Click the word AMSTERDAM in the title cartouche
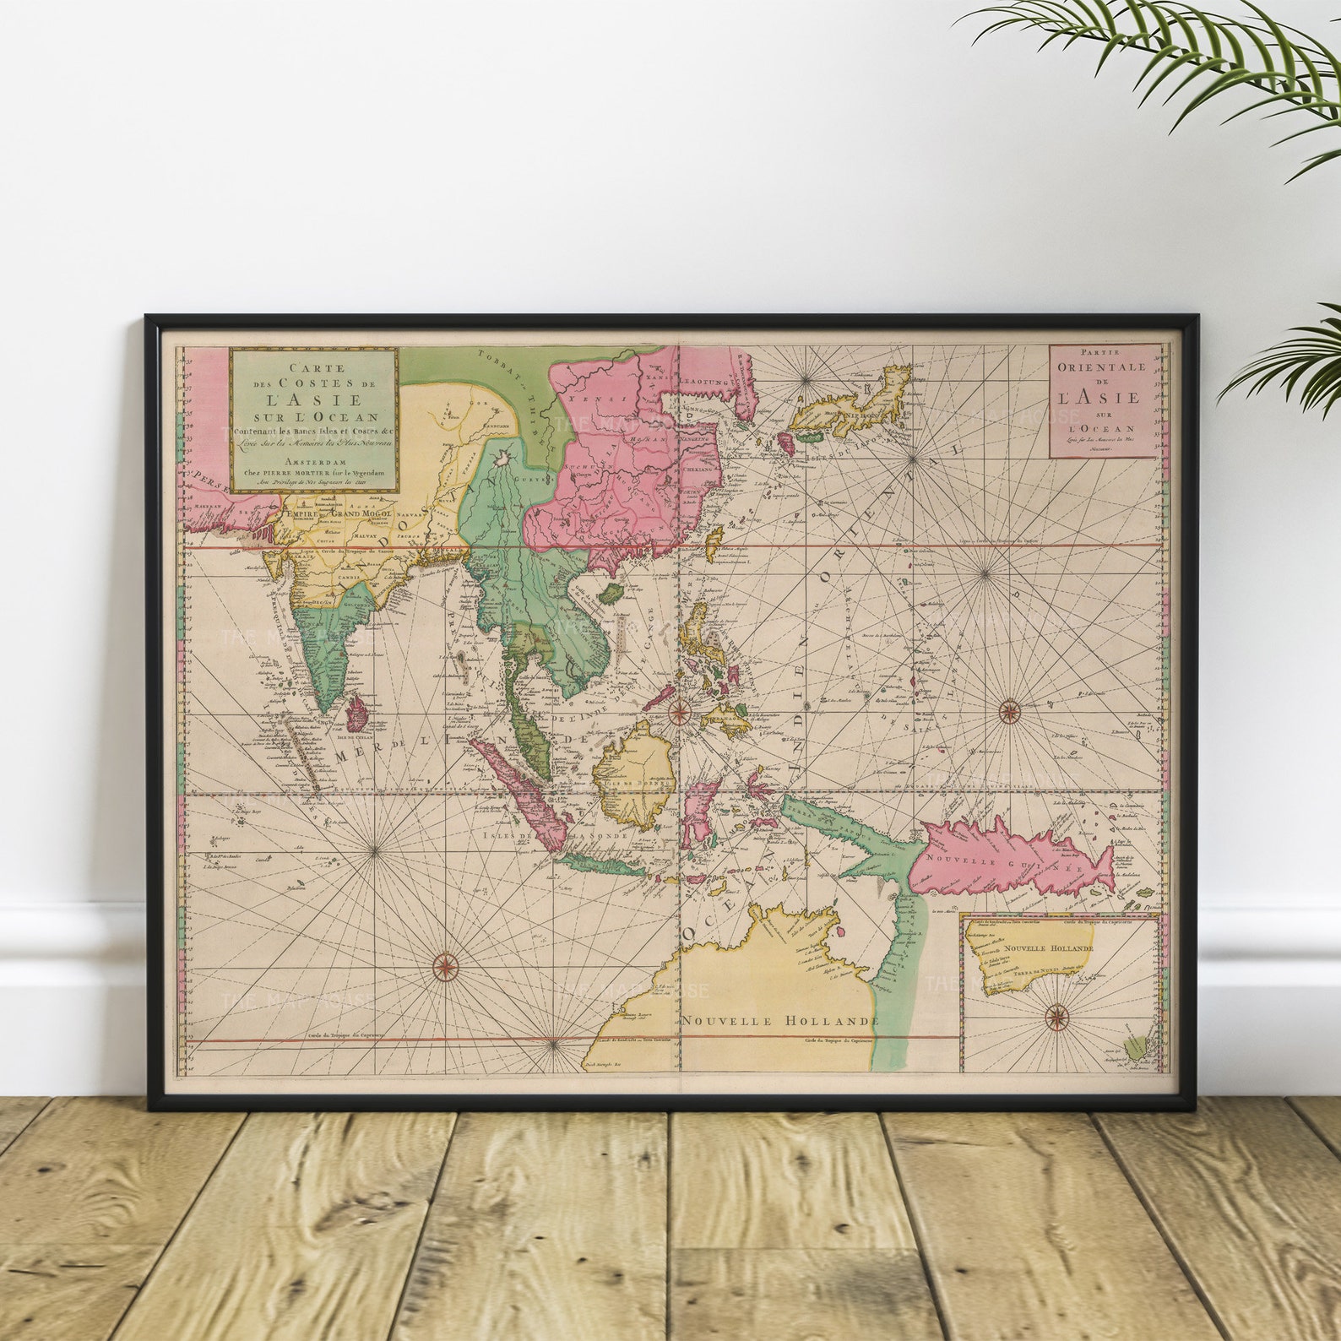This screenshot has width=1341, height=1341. [x=313, y=462]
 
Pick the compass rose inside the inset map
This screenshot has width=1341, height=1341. [x=1056, y=1018]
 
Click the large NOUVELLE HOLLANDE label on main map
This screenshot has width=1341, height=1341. [x=780, y=1020]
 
